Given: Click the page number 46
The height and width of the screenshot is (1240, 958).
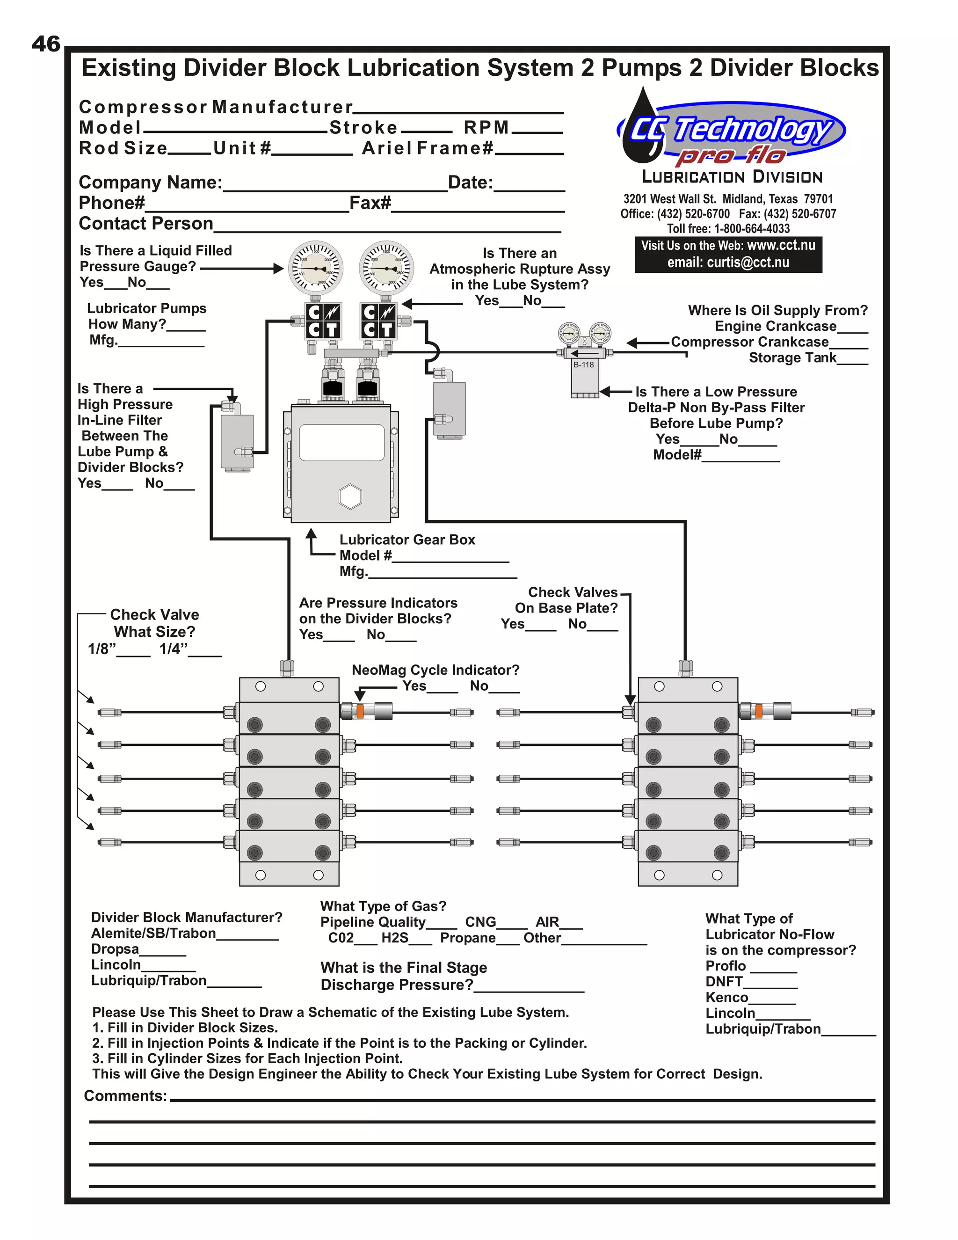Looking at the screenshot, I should click(45, 44).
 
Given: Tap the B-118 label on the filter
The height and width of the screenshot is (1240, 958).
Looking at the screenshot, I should click(583, 365).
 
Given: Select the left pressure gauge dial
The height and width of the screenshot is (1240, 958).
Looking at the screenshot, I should click(316, 267).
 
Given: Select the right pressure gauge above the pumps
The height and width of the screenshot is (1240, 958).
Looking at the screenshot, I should click(386, 267).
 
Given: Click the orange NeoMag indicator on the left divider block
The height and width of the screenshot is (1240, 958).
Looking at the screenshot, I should click(359, 711).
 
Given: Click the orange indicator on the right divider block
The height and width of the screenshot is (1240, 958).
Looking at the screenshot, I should click(758, 711).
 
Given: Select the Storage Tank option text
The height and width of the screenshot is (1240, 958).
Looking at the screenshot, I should click(792, 357).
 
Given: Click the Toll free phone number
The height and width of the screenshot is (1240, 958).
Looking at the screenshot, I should click(728, 229).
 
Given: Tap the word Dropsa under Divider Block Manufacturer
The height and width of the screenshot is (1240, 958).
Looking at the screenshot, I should click(115, 949).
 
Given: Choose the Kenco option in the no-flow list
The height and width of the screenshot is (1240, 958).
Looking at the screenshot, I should click(726, 998).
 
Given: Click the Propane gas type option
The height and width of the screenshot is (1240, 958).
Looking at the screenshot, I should click(468, 938).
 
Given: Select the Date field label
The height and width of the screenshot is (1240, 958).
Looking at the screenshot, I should click(470, 183).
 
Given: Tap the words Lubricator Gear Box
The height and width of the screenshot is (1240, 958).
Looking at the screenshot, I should click(407, 540).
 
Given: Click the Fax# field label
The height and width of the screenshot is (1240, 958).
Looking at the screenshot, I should click(370, 203).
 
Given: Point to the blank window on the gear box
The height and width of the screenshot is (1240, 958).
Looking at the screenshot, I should click(341, 442).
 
